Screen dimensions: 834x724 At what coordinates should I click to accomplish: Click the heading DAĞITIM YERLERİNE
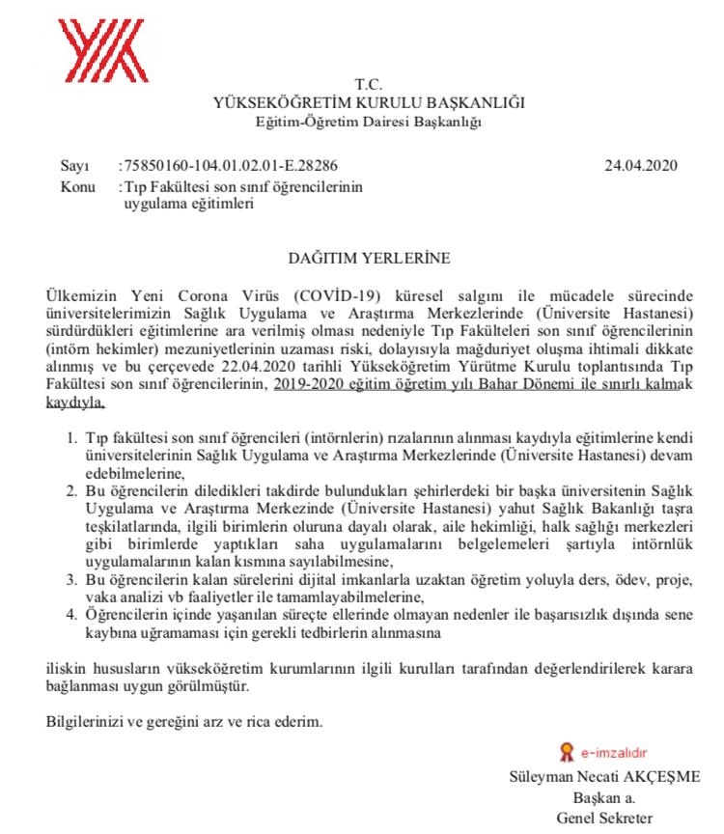pos(370,259)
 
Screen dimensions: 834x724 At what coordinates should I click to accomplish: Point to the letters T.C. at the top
pos(369,85)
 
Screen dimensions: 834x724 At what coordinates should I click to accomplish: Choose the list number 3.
pos(72,578)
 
